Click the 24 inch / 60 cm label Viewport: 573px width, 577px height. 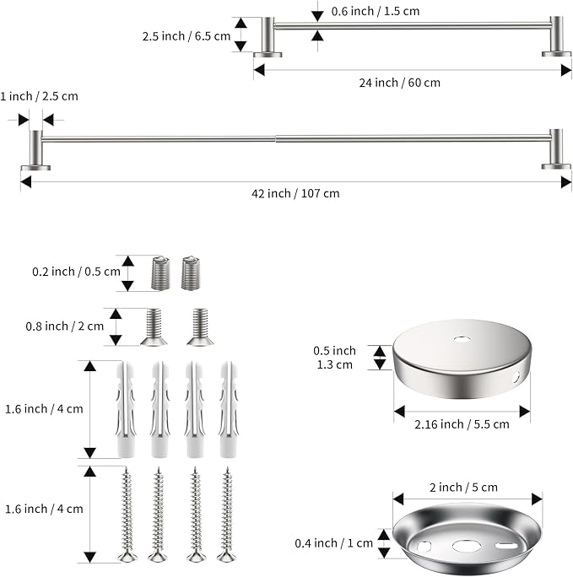point(400,83)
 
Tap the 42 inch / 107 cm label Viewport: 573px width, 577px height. point(295,193)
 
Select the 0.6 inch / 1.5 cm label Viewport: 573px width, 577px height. point(376,11)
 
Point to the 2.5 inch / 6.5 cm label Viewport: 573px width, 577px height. point(186,36)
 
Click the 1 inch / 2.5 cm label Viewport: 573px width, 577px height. point(39,96)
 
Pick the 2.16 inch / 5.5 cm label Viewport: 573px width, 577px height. point(462,424)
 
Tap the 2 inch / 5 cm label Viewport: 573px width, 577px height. point(463,488)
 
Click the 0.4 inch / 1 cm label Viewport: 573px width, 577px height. point(334,542)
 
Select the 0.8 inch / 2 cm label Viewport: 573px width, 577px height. point(65,326)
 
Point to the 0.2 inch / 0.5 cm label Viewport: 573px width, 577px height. point(76,272)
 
